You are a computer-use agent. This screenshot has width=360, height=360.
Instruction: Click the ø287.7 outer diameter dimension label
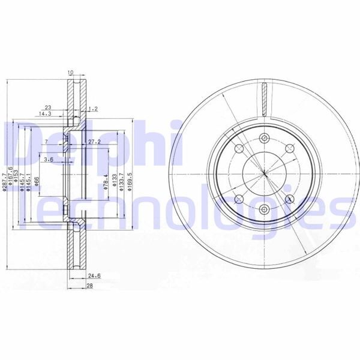pyautogui.click(x=4, y=182)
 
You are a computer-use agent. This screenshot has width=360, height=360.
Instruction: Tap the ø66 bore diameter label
pyautogui.click(x=37, y=181)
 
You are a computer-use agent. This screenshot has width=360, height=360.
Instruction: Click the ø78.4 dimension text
pyautogui.click(x=106, y=181)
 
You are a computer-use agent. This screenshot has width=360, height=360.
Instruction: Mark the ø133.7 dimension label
pyautogui.click(x=122, y=181)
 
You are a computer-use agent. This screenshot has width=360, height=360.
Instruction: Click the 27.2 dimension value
pyautogui.click(x=94, y=142)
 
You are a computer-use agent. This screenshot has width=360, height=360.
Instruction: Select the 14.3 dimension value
pyautogui.click(x=45, y=113)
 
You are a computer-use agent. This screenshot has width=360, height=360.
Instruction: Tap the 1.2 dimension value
pyautogui.click(x=92, y=109)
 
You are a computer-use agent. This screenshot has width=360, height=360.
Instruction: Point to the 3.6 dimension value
pyautogui.click(x=49, y=160)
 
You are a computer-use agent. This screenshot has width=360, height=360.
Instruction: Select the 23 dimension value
pyautogui.click(x=47, y=107)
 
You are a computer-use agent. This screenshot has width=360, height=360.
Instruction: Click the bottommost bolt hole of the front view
pyautogui.click(x=263, y=209)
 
